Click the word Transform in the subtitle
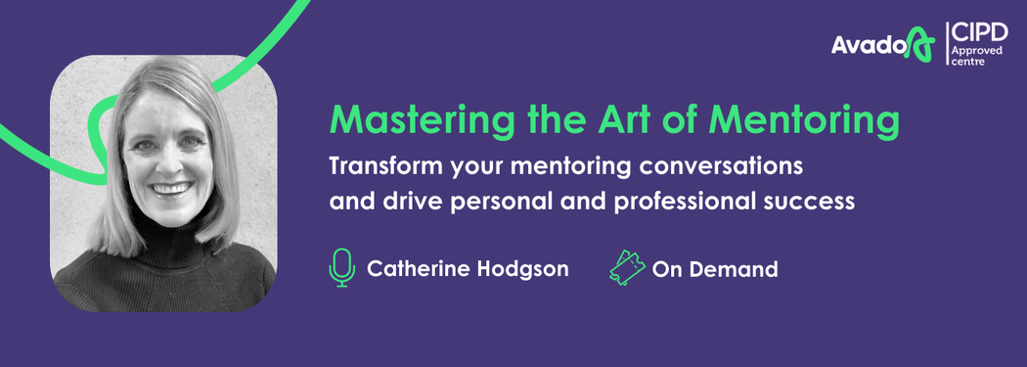click(x=385, y=166)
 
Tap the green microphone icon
click(x=342, y=267)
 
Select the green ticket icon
click(x=628, y=267)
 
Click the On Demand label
click(x=715, y=269)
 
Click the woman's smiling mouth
click(x=172, y=190)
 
